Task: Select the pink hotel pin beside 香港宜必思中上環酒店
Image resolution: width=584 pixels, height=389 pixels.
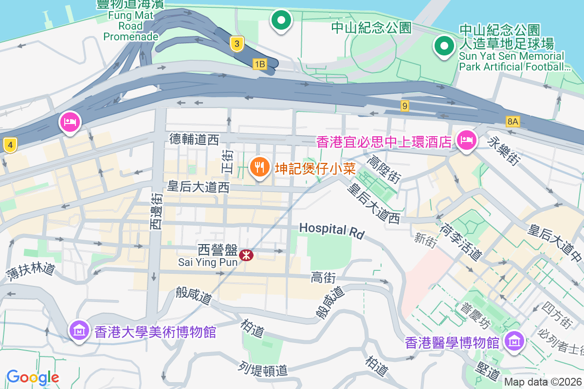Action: [466, 141]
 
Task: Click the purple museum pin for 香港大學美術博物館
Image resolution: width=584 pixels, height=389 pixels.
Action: [79, 331]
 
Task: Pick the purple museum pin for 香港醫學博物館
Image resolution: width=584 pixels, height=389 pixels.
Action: [514, 341]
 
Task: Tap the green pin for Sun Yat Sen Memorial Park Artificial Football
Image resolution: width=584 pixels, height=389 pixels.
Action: [443, 47]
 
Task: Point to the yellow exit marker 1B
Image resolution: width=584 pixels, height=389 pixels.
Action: [260, 64]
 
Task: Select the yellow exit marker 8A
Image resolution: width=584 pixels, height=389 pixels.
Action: [512, 122]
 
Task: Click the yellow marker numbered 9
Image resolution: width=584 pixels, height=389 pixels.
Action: [405, 106]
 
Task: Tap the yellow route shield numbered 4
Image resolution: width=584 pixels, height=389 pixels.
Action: [10, 144]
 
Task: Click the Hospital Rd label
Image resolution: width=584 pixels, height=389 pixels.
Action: [331, 230]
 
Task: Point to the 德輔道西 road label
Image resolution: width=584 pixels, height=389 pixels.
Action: [194, 140]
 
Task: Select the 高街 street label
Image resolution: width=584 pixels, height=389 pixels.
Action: [323, 278]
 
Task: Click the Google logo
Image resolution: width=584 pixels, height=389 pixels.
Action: [33, 377]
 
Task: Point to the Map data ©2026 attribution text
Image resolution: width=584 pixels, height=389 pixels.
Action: [543, 382]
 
